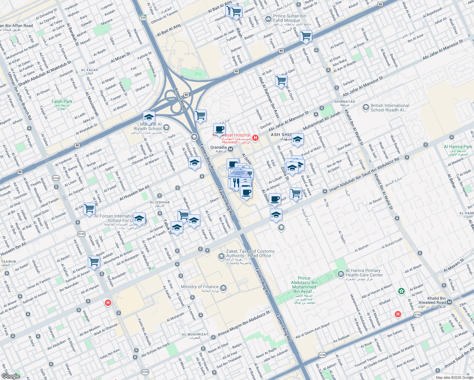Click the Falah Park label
(x=62, y=102)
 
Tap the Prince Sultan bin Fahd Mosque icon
(x=268, y=18)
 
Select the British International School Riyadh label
(x=390, y=108)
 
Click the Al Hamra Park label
(x=458, y=147)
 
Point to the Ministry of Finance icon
(x=223, y=288)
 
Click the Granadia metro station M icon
(x=231, y=149)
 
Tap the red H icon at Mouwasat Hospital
(x=255, y=138)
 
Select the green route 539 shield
(x=143, y=17)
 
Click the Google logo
(x=10, y=376)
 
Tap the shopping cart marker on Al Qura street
(x=281, y=81)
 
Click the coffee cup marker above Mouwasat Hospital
(x=219, y=129)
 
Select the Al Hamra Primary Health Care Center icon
(x=341, y=274)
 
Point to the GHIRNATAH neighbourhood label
(x=345, y=102)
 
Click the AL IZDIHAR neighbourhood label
(x=159, y=202)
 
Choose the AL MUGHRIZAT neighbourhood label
(x=195, y=334)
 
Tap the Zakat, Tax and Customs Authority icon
(x=221, y=256)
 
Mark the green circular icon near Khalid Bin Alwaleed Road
(x=401, y=291)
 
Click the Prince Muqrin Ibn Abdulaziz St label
(x=244, y=324)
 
